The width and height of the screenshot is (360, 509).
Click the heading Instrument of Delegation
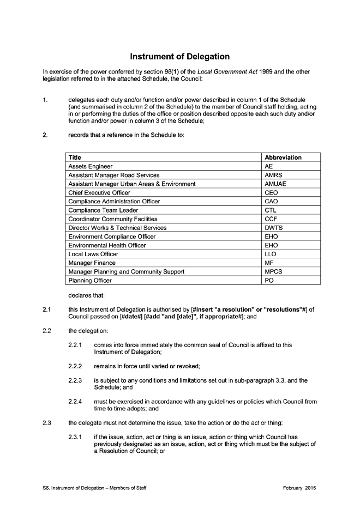[x=179, y=56]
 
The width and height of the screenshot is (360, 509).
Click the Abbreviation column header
[x=283, y=157]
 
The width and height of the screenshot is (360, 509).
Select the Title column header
[x=75, y=157]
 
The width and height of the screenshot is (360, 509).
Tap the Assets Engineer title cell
[x=90, y=166]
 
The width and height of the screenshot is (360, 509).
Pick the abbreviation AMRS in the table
[x=273, y=175]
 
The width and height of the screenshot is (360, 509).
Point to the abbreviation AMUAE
[x=275, y=184]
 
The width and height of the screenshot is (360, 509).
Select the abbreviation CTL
[x=271, y=210]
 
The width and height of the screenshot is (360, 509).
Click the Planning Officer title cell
[x=89, y=280]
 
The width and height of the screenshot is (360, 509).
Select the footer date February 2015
[x=299, y=487]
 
